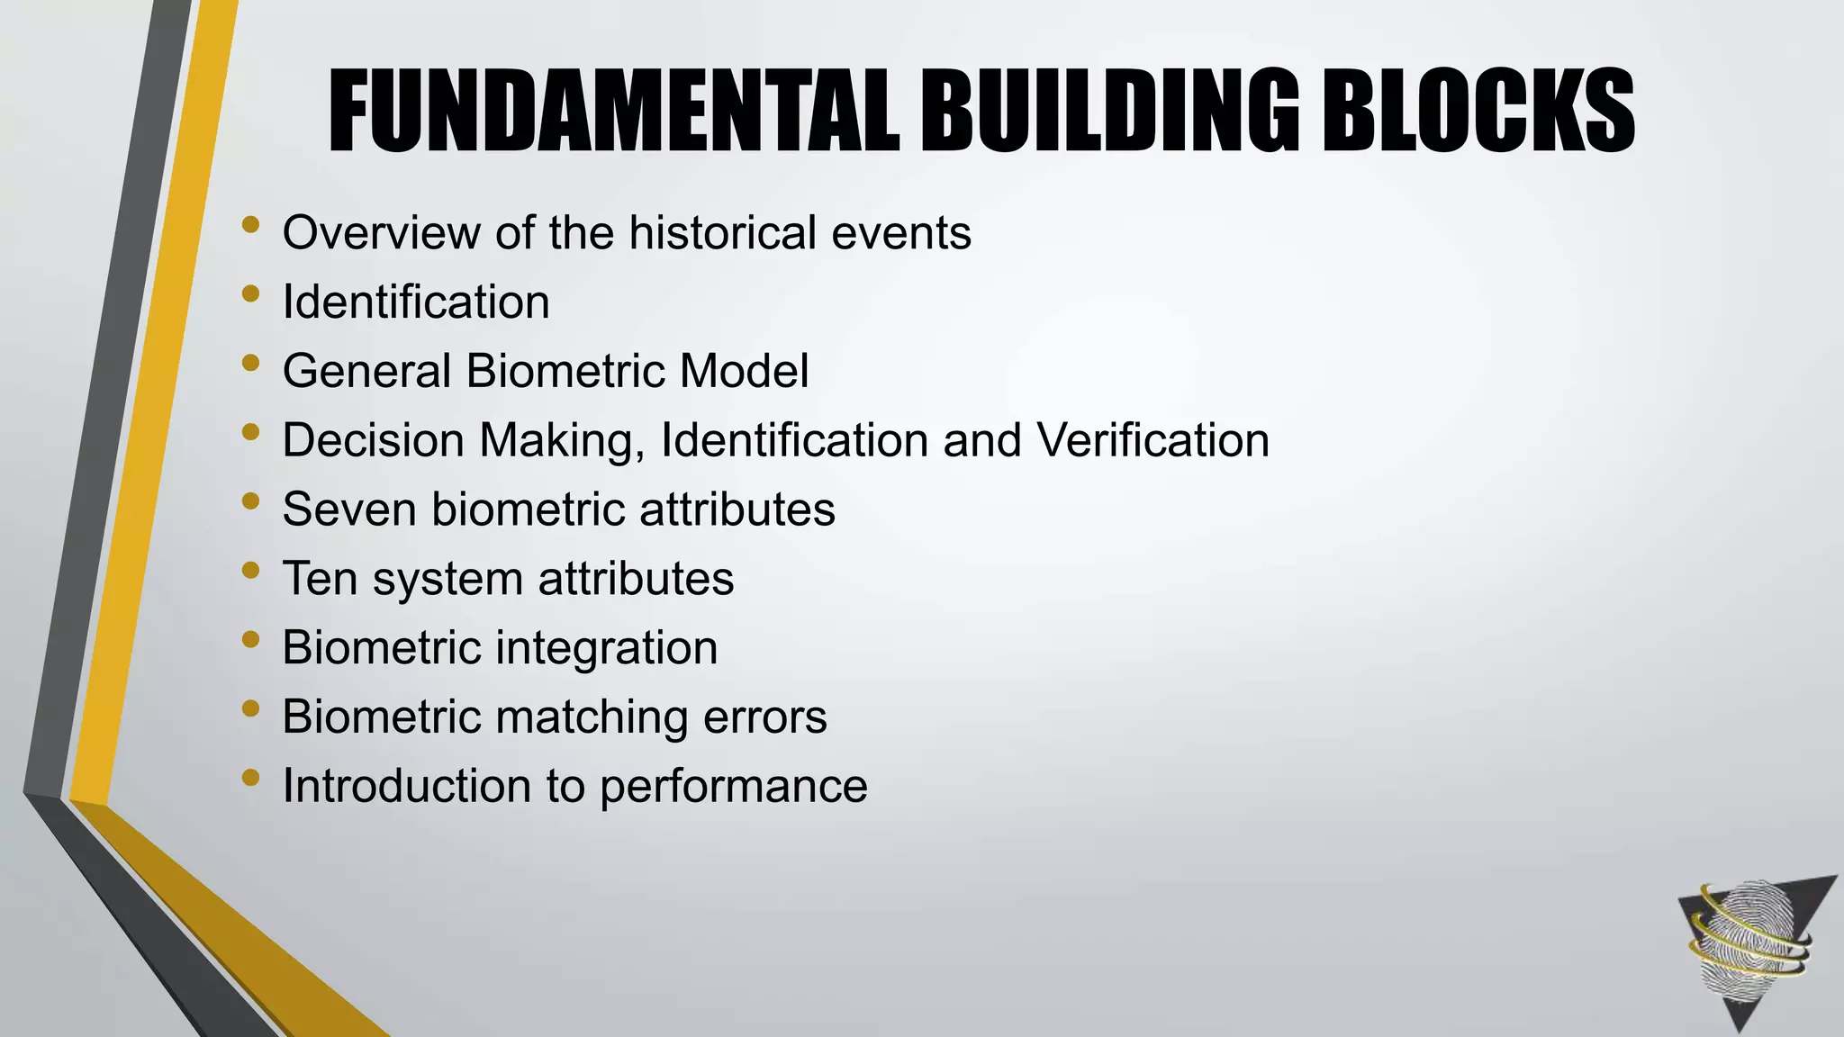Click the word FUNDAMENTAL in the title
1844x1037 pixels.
[x=614, y=112]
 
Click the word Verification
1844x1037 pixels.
[x=1152, y=440]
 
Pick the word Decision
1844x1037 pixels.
[x=373, y=440]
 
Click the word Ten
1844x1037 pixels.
[x=321, y=579]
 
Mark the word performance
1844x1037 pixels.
[x=733, y=787]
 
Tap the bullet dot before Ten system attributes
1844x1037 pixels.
[x=250, y=570]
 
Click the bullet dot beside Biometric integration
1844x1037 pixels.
[x=250, y=639]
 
